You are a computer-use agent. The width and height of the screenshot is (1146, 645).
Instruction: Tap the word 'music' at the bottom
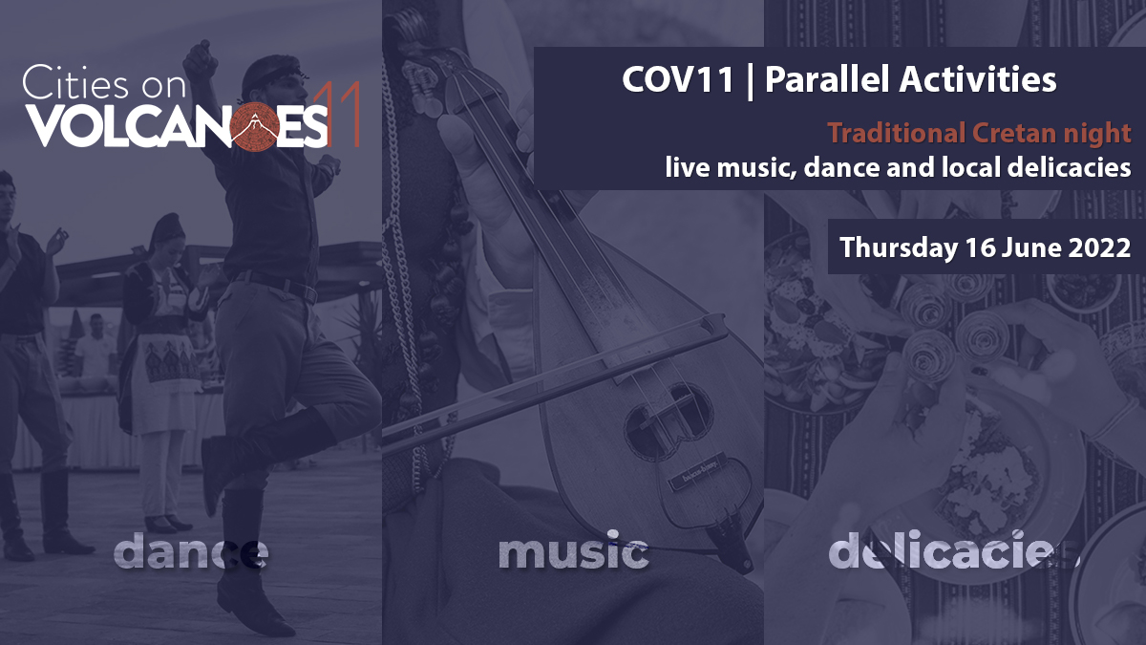point(573,552)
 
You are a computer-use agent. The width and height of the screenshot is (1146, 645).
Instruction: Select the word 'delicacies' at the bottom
point(953,552)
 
